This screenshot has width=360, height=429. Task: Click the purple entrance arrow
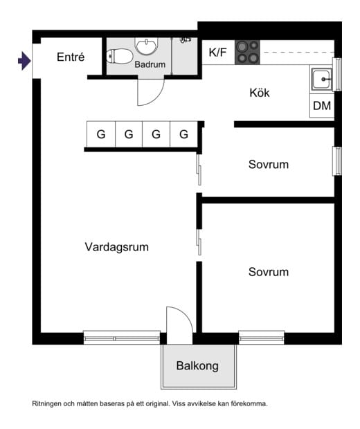(x=25, y=61)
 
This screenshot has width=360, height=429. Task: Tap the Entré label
(x=71, y=57)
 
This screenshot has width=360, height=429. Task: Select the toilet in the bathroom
(x=119, y=56)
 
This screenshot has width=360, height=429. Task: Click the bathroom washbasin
(x=147, y=46)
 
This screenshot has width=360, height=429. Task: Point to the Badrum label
(x=150, y=64)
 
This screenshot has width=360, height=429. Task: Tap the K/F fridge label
(x=217, y=53)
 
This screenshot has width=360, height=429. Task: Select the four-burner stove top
(x=247, y=53)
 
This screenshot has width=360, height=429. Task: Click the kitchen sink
(x=322, y=80)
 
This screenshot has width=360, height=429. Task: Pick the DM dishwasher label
(x=322, y=106)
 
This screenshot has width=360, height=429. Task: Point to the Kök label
(x=260, y=93)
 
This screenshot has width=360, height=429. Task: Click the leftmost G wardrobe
(x=101, y=134)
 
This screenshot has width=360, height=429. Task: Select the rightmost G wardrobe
(x=183, y=134)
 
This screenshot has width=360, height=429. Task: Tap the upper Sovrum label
(x=269, y=165)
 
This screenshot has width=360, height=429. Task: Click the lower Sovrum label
(x=269, y=272)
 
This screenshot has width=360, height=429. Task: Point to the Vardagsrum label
(x=117, y=247)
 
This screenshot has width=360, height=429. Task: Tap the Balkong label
(x=197, y=366)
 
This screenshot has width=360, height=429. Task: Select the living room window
(x=122, y=338)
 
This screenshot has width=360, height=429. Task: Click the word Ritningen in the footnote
(x=46, y=403)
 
